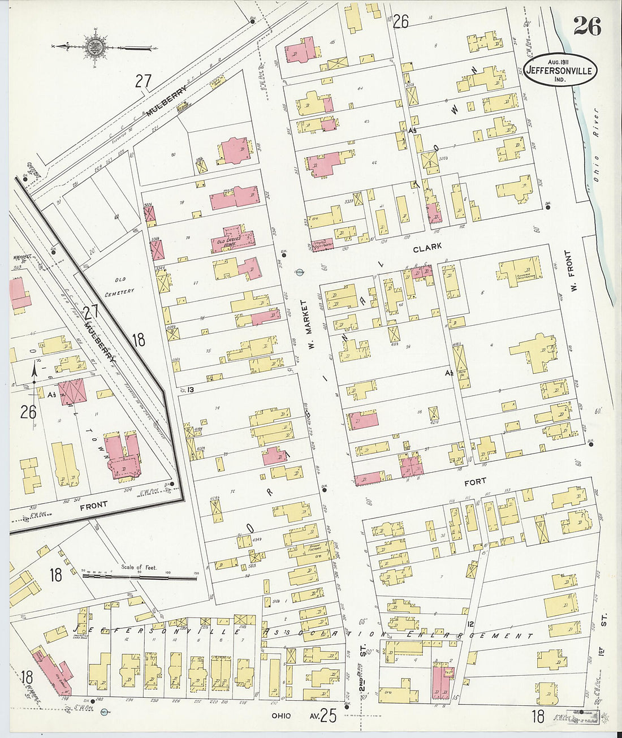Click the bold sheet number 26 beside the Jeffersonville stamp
587,26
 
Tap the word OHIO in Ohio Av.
280,716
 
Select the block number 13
191,390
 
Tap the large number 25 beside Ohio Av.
328,716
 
